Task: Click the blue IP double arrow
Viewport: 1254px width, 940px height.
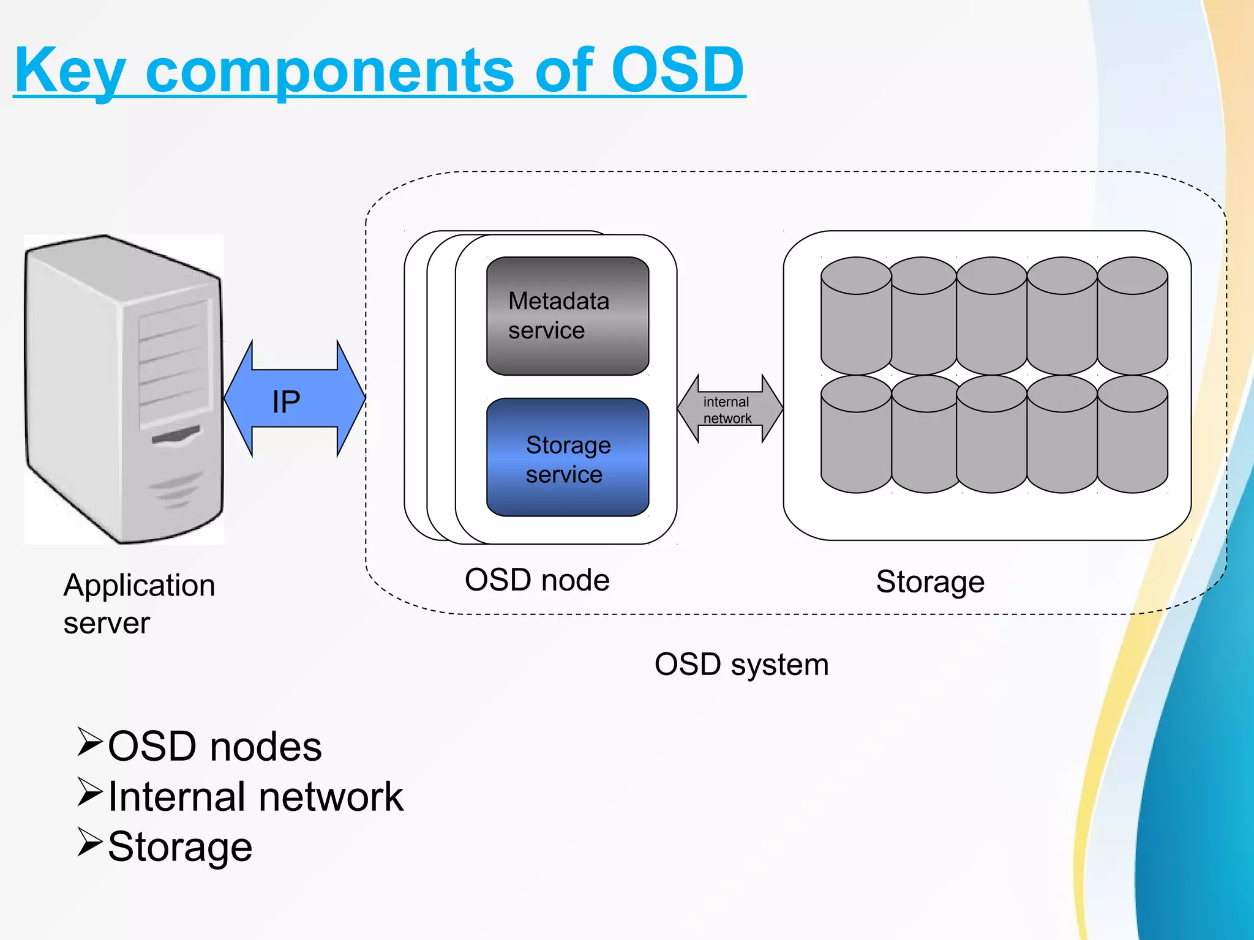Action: [x=295, y=400]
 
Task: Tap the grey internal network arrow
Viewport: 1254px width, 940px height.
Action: [x=729, y=409]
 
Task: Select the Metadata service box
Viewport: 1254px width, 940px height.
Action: [x=567, y=316]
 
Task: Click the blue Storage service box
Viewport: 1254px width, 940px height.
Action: [x=567, y=458]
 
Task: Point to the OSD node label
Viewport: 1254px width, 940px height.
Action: [x=537, y=580]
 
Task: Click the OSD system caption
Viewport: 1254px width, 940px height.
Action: [x=741, y=665]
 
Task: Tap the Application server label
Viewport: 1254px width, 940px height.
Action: [x=139, y=603]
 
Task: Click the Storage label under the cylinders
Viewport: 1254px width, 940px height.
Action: [x=929, y=581]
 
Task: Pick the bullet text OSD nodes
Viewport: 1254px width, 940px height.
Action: [x=214, y=747]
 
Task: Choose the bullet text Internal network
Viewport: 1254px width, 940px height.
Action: [x=255, y=797]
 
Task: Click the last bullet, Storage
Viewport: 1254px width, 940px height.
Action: [x=180, y=847]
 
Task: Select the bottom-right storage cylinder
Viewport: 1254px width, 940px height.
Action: [x=1132, y=436]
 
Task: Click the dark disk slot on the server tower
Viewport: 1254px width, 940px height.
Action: [x=176, y=436]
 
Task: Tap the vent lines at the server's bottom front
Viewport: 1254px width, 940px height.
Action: [x=176, y=490]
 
